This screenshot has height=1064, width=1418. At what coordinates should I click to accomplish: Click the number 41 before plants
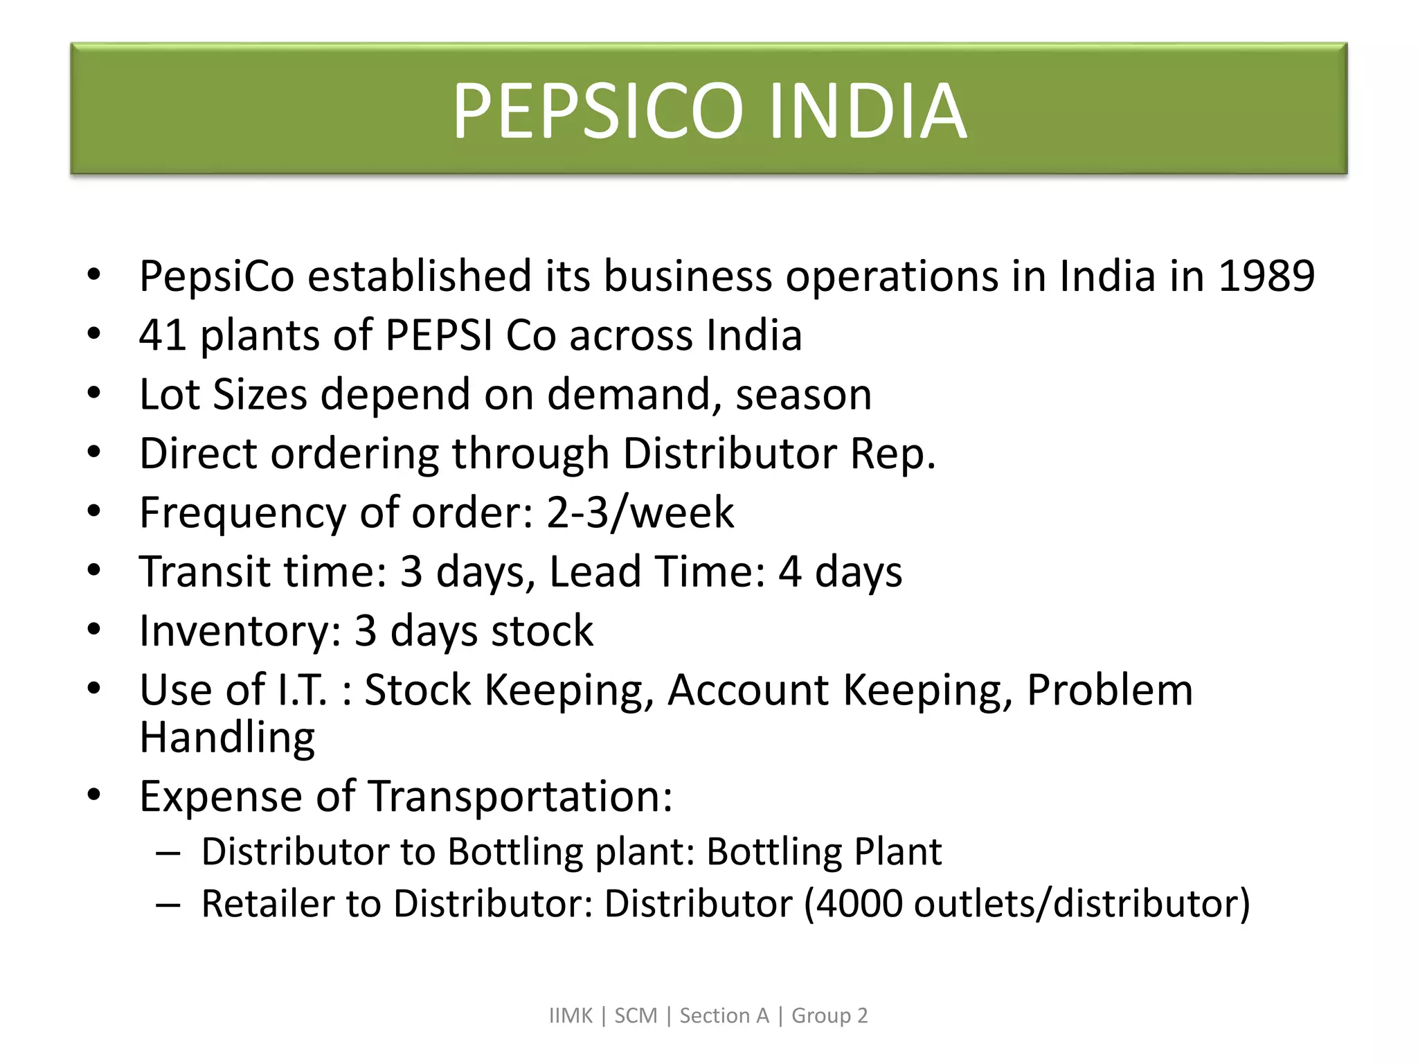(x=163, y=335)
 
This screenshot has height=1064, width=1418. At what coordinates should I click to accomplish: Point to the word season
(x=803, y=395)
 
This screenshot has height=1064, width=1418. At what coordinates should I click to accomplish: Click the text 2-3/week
(x=640, y=513)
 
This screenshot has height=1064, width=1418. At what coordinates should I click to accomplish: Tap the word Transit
(x=201, y=572)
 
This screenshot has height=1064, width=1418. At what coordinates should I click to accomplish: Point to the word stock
(x=541, y=632)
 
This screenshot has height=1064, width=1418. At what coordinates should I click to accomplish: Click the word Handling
(x=227, y=737)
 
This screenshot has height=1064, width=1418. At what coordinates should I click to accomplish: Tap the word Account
(x=748, y=691)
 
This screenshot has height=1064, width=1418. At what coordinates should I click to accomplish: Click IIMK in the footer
(x=571, y=1016)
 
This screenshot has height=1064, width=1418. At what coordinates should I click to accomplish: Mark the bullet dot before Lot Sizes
(x=94, y=393)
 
